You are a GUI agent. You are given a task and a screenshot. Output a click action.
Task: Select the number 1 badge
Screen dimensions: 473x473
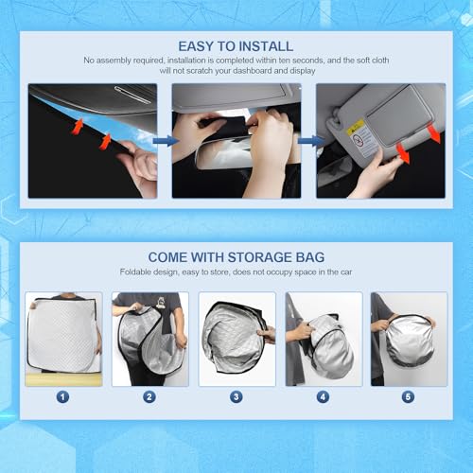tap(63, 397)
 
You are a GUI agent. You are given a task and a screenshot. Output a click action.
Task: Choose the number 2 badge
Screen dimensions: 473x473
tap(149, 397)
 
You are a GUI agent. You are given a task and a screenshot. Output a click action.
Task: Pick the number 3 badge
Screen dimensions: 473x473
tap(236, 397)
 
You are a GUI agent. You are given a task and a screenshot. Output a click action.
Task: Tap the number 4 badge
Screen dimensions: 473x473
tap(324, 397)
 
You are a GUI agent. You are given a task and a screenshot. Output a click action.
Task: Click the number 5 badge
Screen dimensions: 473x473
tap(409, 397)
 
